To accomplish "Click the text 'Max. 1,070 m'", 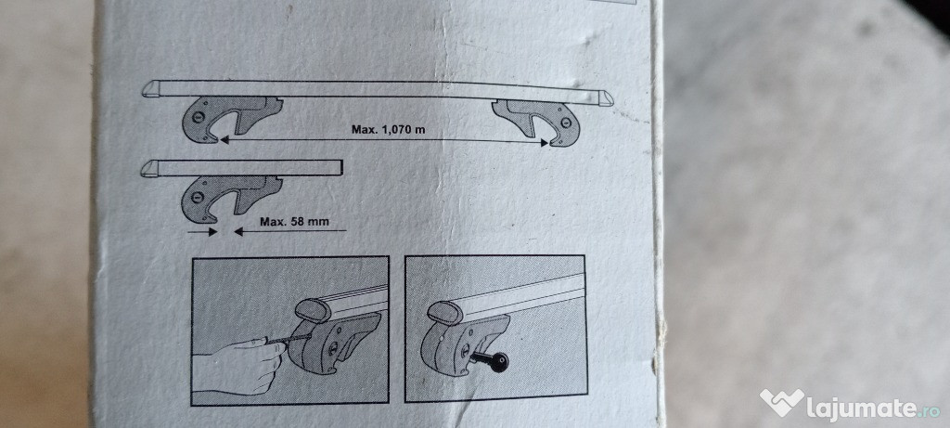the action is (389, 129).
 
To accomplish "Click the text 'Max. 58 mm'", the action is (294, 221).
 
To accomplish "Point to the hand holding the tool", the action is (239, 367).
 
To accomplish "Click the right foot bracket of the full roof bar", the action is (537, 123).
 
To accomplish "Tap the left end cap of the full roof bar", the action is (152, 88).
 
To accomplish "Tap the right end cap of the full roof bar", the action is (604, 98).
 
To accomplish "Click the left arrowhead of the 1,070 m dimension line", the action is (225, 139).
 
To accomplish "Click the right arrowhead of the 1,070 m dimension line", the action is (544, 143).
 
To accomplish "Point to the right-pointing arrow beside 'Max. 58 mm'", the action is (202, 231).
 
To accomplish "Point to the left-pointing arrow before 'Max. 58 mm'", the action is (290, 231).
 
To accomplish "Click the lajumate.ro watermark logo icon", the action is (782, 402).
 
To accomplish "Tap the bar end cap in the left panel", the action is (314, 309).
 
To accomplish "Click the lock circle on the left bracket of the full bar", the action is (199, 117).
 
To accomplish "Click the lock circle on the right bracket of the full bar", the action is (566, 123).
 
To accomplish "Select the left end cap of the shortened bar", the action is (150, 168).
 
